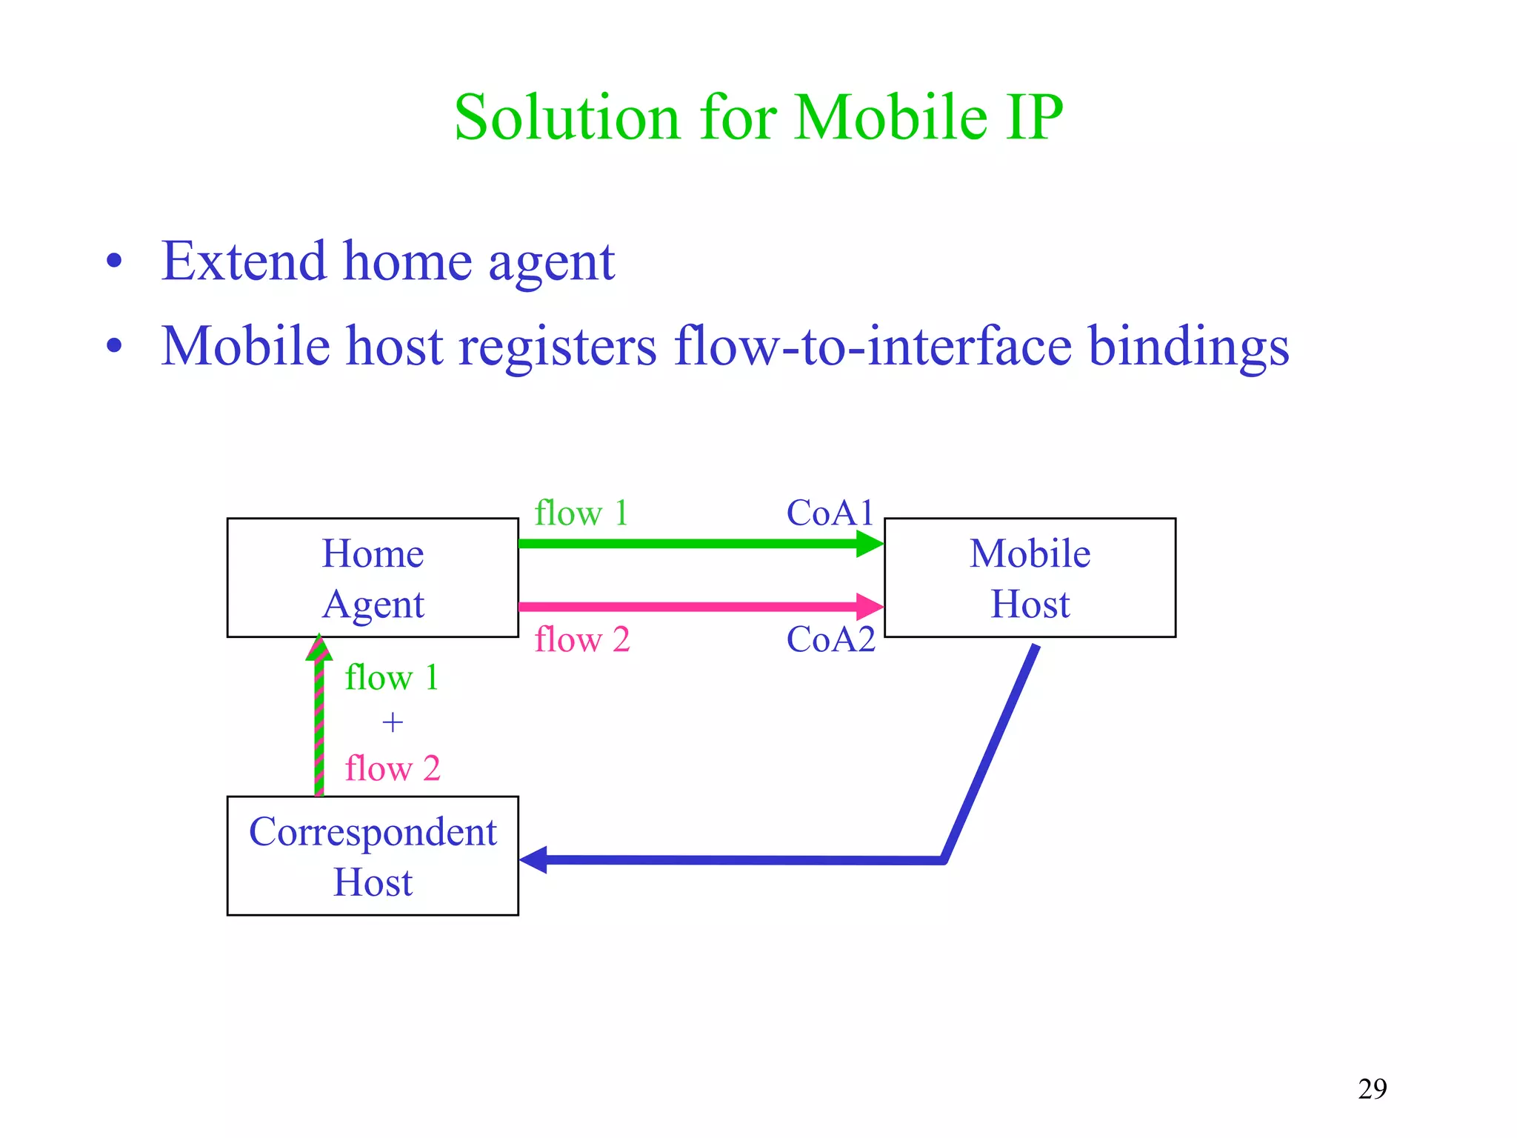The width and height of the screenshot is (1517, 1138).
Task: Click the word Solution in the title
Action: pos(567,118)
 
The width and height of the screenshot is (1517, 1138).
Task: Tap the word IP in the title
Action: pos(1034,118)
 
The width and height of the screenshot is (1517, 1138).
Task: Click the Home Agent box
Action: pos(373,578)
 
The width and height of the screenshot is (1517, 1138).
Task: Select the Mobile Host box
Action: pos(1030,578)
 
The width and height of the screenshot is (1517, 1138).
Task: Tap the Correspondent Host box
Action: pos(373,856)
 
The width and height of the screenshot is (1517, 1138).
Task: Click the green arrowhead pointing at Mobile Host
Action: pos(870,544)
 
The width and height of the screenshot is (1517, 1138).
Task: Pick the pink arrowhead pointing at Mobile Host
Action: pos(870,607)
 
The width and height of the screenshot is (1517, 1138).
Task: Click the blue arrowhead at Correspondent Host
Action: pos(534,860)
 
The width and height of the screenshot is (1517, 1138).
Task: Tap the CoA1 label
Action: pos(830,513)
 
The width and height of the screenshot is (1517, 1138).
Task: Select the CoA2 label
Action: pos(830,639)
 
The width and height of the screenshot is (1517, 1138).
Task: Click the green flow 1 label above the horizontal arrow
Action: pos(581,513)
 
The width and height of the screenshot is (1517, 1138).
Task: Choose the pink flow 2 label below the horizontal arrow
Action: pos(582,639)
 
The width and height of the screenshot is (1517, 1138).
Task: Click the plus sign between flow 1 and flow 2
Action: pos(393,722)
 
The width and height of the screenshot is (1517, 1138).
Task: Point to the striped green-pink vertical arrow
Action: pos(319,726)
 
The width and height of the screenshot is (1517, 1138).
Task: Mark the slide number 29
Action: pos(1372,1088)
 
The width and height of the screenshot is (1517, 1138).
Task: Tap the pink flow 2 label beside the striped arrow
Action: pos(393,768)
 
